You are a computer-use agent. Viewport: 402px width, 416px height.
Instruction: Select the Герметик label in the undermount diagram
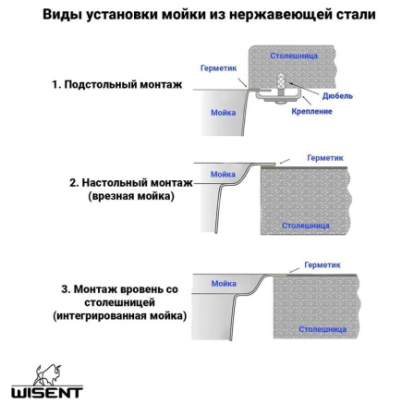tap(220, 67)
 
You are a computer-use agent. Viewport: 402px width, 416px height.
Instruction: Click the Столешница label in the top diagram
tap(294, 56)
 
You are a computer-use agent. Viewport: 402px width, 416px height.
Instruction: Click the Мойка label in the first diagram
tap(223, 112)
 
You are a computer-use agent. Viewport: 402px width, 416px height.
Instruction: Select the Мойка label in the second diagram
tap(223, 174)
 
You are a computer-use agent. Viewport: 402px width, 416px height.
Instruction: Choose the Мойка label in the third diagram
tap(222, 284)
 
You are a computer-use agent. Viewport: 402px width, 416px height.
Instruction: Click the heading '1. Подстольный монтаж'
tap(116, 84)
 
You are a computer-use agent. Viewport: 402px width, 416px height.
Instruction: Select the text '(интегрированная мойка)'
tap(119, 315)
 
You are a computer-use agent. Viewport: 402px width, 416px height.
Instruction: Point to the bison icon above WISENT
tap(47, 373)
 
